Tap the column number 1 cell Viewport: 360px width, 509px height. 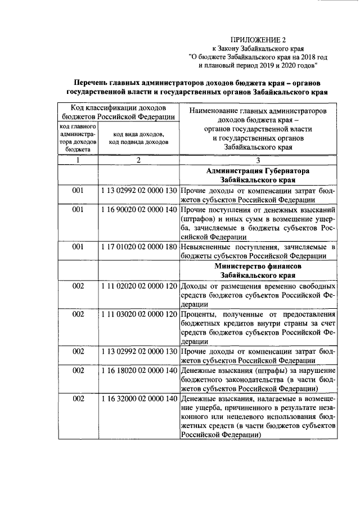(x=79, y=160)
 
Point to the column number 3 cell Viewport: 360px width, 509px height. (x=258, y=160)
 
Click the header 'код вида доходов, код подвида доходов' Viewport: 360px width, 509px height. (x=138, y=138)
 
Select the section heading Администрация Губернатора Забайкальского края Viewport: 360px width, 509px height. (x=258, y=175)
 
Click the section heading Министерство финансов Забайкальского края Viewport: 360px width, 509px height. (x=258, y=269)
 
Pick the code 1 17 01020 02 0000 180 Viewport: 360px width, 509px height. (x=139, y=247)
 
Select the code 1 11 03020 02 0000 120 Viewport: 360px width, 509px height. (x=139, y=313)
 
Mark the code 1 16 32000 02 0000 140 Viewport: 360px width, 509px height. (x=139, y=398)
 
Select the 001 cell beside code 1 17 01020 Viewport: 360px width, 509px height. (x=79, y=247)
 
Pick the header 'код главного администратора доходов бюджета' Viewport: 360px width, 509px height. (x=79, y=138)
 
